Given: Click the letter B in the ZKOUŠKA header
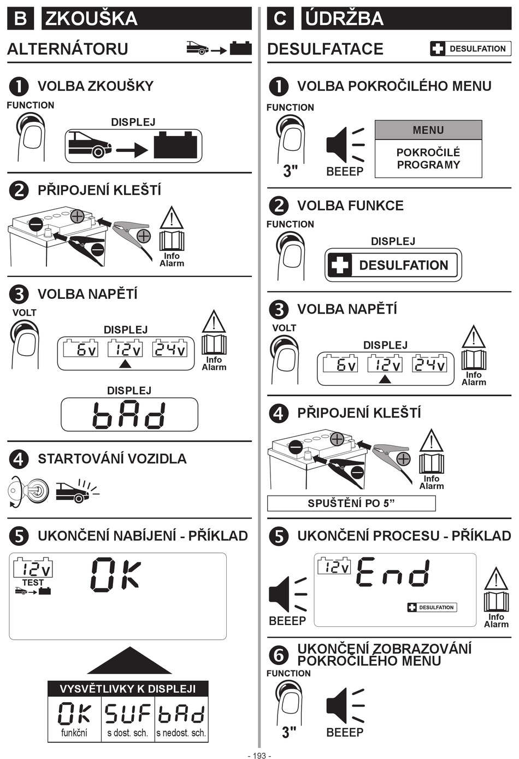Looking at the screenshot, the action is (20, 18).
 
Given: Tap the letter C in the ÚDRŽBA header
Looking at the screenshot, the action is (280, 18).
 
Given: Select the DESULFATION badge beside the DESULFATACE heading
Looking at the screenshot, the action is (470, 49).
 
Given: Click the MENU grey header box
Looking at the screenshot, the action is (428, 130).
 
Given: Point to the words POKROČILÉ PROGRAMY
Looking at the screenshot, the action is (428, 158).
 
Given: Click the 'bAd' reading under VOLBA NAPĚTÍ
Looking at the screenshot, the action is (129, 415).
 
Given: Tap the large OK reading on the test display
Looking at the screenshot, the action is (115, 575).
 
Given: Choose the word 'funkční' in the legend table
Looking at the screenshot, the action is (74, 733).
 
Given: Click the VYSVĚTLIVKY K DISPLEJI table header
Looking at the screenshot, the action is (128, 689).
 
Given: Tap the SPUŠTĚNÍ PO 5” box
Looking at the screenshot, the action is (351, 503).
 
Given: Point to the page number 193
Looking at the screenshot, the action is (259, 755).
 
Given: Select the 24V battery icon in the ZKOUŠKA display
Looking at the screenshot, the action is (169, 348).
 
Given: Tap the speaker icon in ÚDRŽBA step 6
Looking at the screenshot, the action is (345, 706).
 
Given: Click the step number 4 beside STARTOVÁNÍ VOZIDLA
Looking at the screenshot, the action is (19, 460).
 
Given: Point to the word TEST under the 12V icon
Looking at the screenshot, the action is (33, 583).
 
